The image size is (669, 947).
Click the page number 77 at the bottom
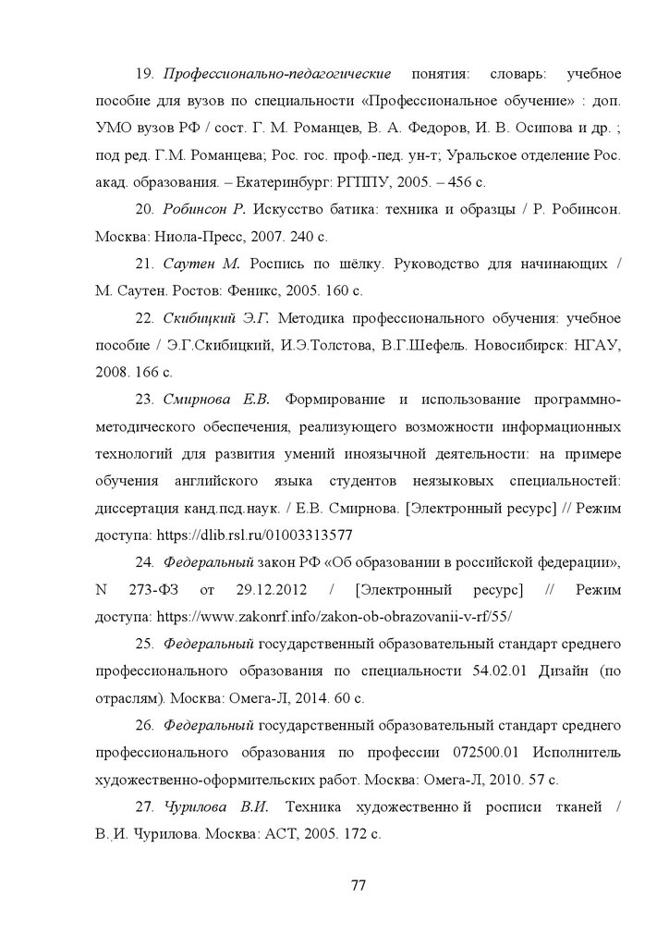(359, 885)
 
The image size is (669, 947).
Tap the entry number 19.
(145, 73)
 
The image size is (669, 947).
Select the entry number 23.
(144, 400)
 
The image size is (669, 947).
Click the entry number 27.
(144, 807)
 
